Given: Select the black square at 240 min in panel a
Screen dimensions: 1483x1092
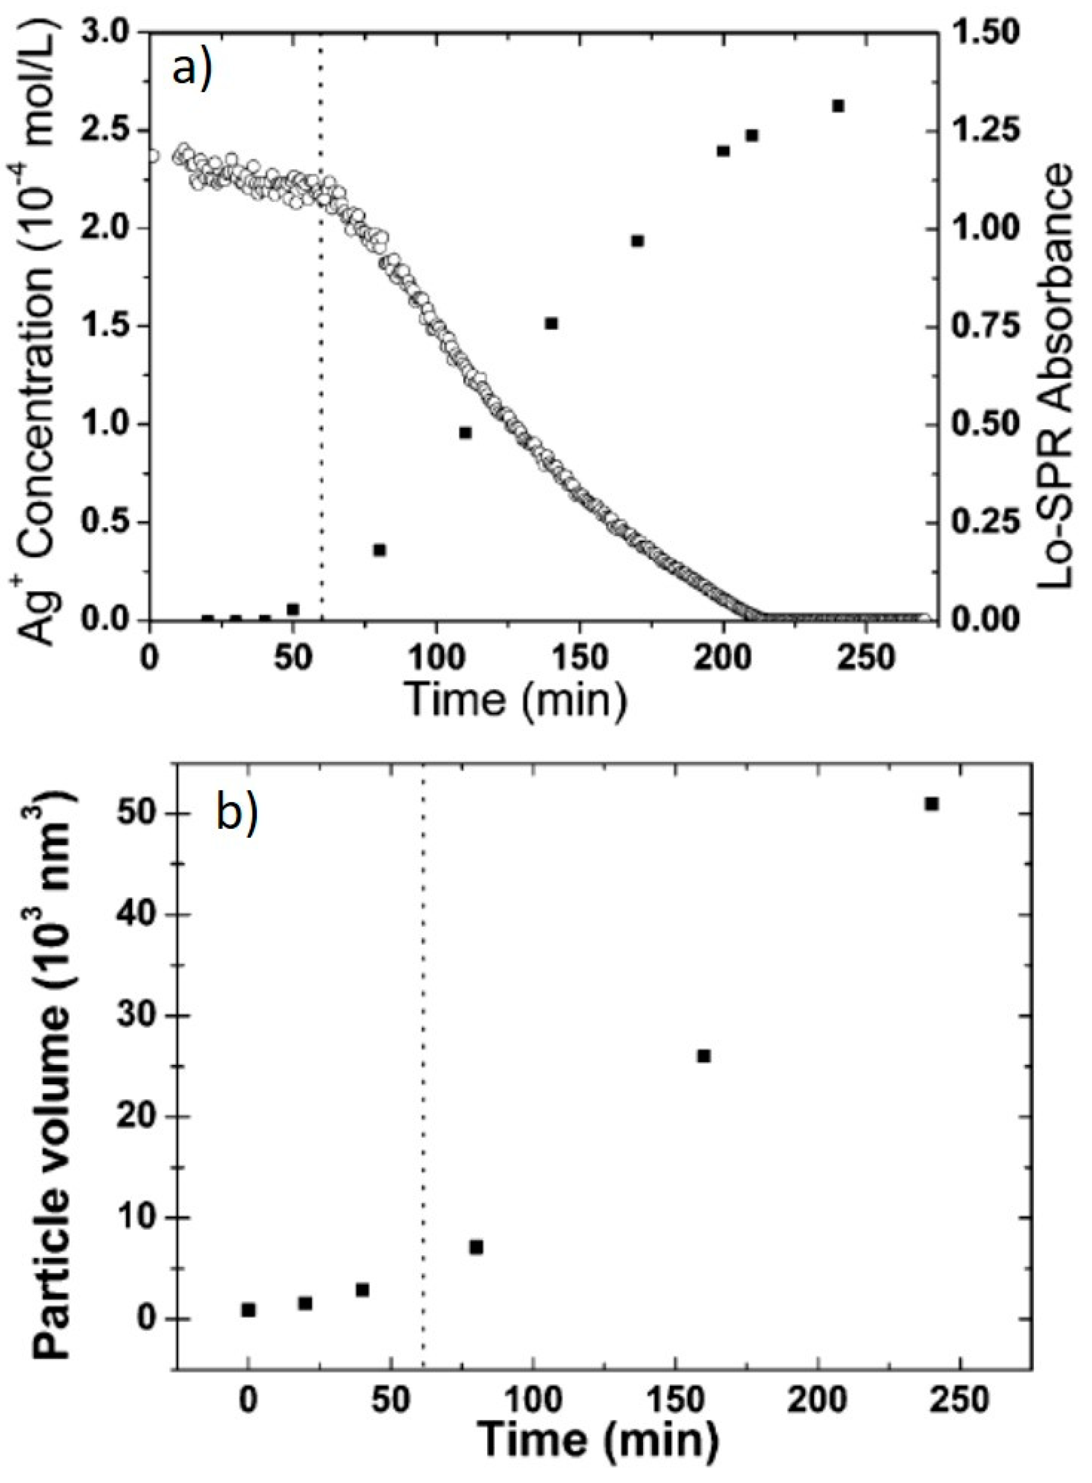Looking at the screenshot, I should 838,106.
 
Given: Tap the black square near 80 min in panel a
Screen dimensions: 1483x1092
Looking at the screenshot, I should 379,550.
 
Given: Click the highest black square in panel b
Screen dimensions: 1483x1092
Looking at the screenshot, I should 932,804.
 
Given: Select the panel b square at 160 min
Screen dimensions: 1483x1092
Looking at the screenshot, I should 704,1056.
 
